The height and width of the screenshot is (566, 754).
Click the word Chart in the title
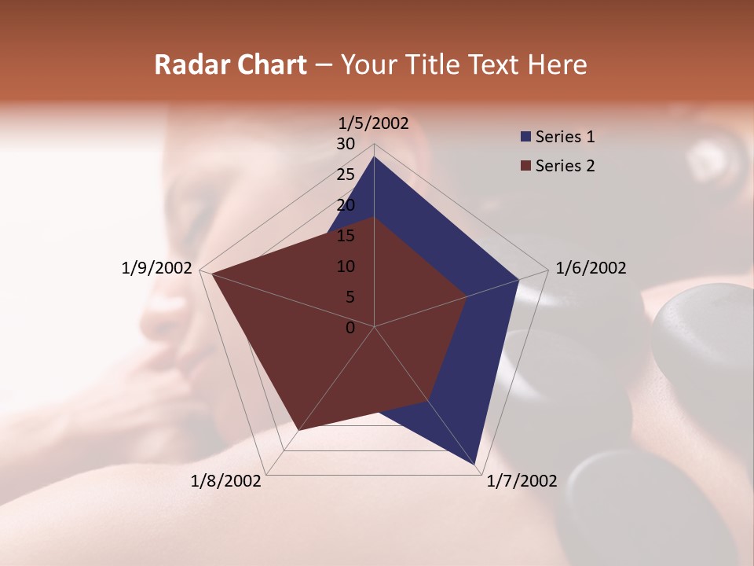267,64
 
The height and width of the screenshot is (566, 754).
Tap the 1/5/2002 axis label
374,123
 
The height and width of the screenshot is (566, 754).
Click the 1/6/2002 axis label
591,268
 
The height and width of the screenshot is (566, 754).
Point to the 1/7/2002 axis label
522,481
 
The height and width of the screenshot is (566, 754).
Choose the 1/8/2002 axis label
226,481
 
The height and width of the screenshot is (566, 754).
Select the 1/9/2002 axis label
157,268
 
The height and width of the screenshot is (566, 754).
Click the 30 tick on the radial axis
346,144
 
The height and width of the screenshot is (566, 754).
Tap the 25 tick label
346,175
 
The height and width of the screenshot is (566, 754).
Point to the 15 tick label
346,236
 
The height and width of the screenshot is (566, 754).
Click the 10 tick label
346,266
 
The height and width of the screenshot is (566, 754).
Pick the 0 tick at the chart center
350,328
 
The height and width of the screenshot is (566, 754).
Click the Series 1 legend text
565,137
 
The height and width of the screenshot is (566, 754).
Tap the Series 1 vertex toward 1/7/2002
477,466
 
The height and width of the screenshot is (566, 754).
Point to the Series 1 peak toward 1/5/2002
374,156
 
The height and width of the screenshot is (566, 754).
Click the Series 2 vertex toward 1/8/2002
298,430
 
